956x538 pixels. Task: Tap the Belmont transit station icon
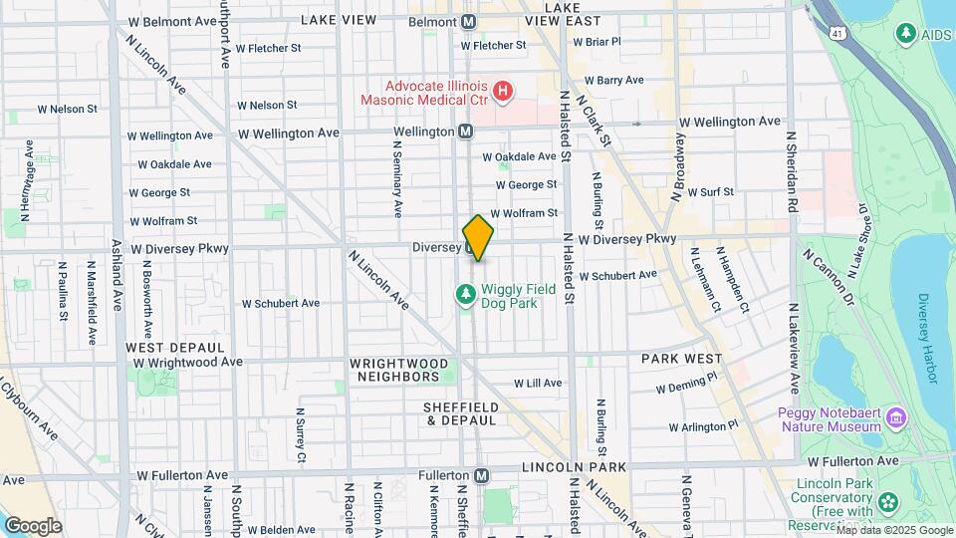click(468, 21)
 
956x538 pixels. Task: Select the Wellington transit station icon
click(465, 132)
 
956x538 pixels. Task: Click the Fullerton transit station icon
click(482, 476)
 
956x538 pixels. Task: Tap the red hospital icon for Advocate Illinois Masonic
click(504, 92)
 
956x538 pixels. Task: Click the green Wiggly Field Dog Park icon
click(464, 294)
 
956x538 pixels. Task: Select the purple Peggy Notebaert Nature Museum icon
click(895, 416)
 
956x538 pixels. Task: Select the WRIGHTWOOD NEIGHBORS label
click(394, 370)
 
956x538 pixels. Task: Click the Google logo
click(33, 525)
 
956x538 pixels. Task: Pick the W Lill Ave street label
click(538, 383)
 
